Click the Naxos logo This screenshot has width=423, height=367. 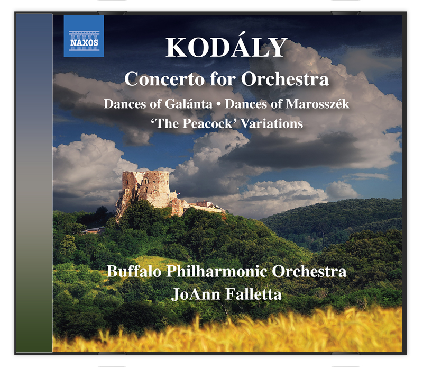pos(84,36)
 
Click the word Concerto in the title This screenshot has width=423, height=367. pos(164,79)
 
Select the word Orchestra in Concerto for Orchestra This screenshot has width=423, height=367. pos(285,79)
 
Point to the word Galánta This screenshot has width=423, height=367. pos(189,104)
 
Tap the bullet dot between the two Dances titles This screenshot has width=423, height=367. pos(218,104)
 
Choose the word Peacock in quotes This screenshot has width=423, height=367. pos(207,123)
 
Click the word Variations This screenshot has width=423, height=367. pos(272,123)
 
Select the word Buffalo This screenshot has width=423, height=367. pos(134,271)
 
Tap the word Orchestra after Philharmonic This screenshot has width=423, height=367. pos(309,271)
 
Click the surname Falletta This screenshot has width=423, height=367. pos(253,294)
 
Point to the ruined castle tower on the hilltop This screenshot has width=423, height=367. pos(146,189)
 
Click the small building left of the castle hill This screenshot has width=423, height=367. pos(94,230)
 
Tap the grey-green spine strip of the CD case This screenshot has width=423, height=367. pos(34,183)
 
